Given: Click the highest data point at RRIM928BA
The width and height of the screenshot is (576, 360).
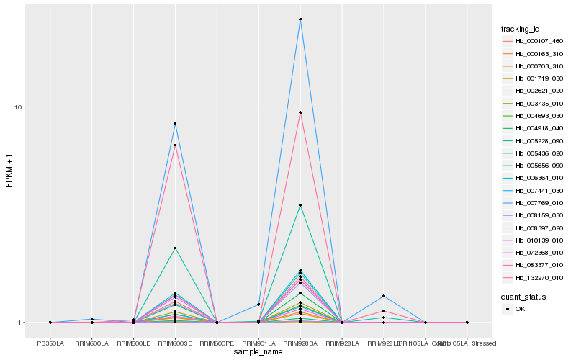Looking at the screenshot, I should tap(300, 19).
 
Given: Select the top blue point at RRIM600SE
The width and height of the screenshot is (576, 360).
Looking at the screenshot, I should tap(175, 124).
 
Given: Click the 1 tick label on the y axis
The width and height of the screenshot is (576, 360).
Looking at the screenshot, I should tap(23, 323).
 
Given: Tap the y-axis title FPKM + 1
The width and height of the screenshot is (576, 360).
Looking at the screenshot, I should tap(9, 171).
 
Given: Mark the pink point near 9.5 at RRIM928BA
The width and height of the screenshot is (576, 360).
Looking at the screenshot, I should tap(300, 112).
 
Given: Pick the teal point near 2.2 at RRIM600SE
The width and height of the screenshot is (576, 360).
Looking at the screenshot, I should tap(175, 248).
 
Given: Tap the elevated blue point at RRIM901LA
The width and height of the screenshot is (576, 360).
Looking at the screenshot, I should tap(258, 305).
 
